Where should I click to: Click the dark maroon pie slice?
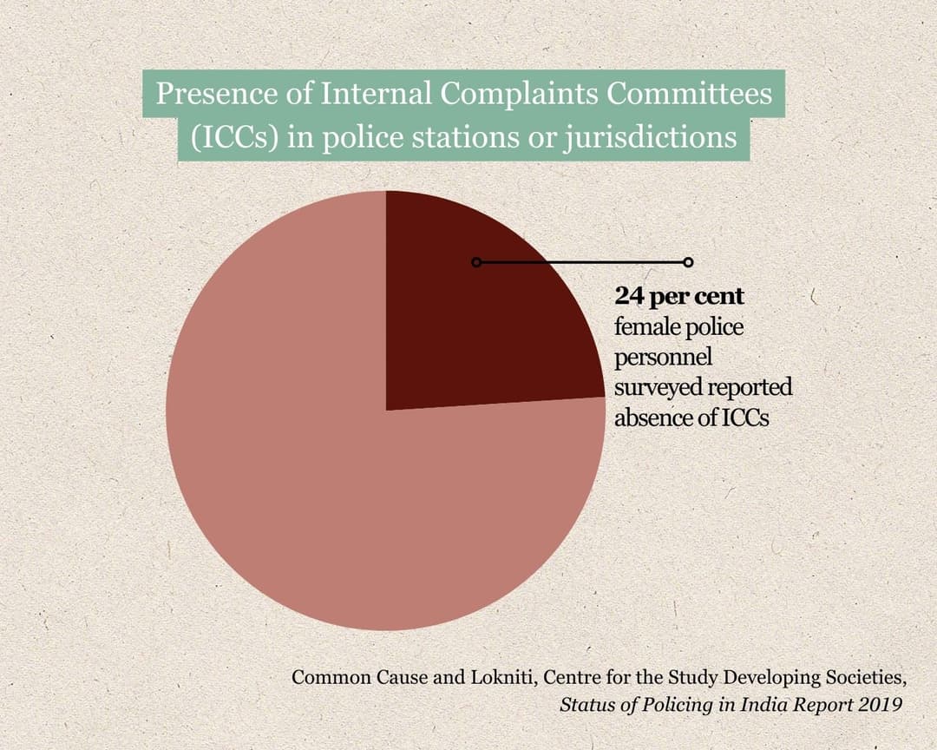point(486,330)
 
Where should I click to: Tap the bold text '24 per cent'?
point(679,296)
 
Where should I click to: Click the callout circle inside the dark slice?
point(475,262)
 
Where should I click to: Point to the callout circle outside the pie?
point(688,262)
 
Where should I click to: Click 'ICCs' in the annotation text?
point(745,418)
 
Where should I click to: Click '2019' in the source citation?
point(879,704)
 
